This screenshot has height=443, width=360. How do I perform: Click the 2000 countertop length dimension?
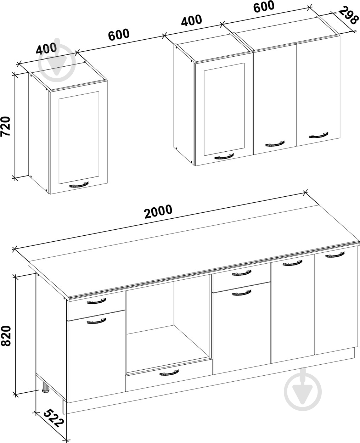(158, 211)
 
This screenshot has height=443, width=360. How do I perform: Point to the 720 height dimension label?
(5, 126)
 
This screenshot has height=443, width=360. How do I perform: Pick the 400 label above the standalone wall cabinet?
(46, 49)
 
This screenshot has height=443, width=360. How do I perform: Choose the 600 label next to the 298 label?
(264, 6)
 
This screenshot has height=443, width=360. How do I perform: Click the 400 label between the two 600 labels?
(191, 21)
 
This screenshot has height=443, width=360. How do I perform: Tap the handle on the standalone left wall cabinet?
(79, 185)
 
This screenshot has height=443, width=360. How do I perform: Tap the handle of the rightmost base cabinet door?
(335, 255)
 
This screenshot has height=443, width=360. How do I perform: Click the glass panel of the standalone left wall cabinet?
(79, 138)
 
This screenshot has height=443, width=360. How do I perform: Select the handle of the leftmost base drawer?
(96, 301)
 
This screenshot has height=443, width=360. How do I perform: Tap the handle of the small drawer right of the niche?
(242, 273)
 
